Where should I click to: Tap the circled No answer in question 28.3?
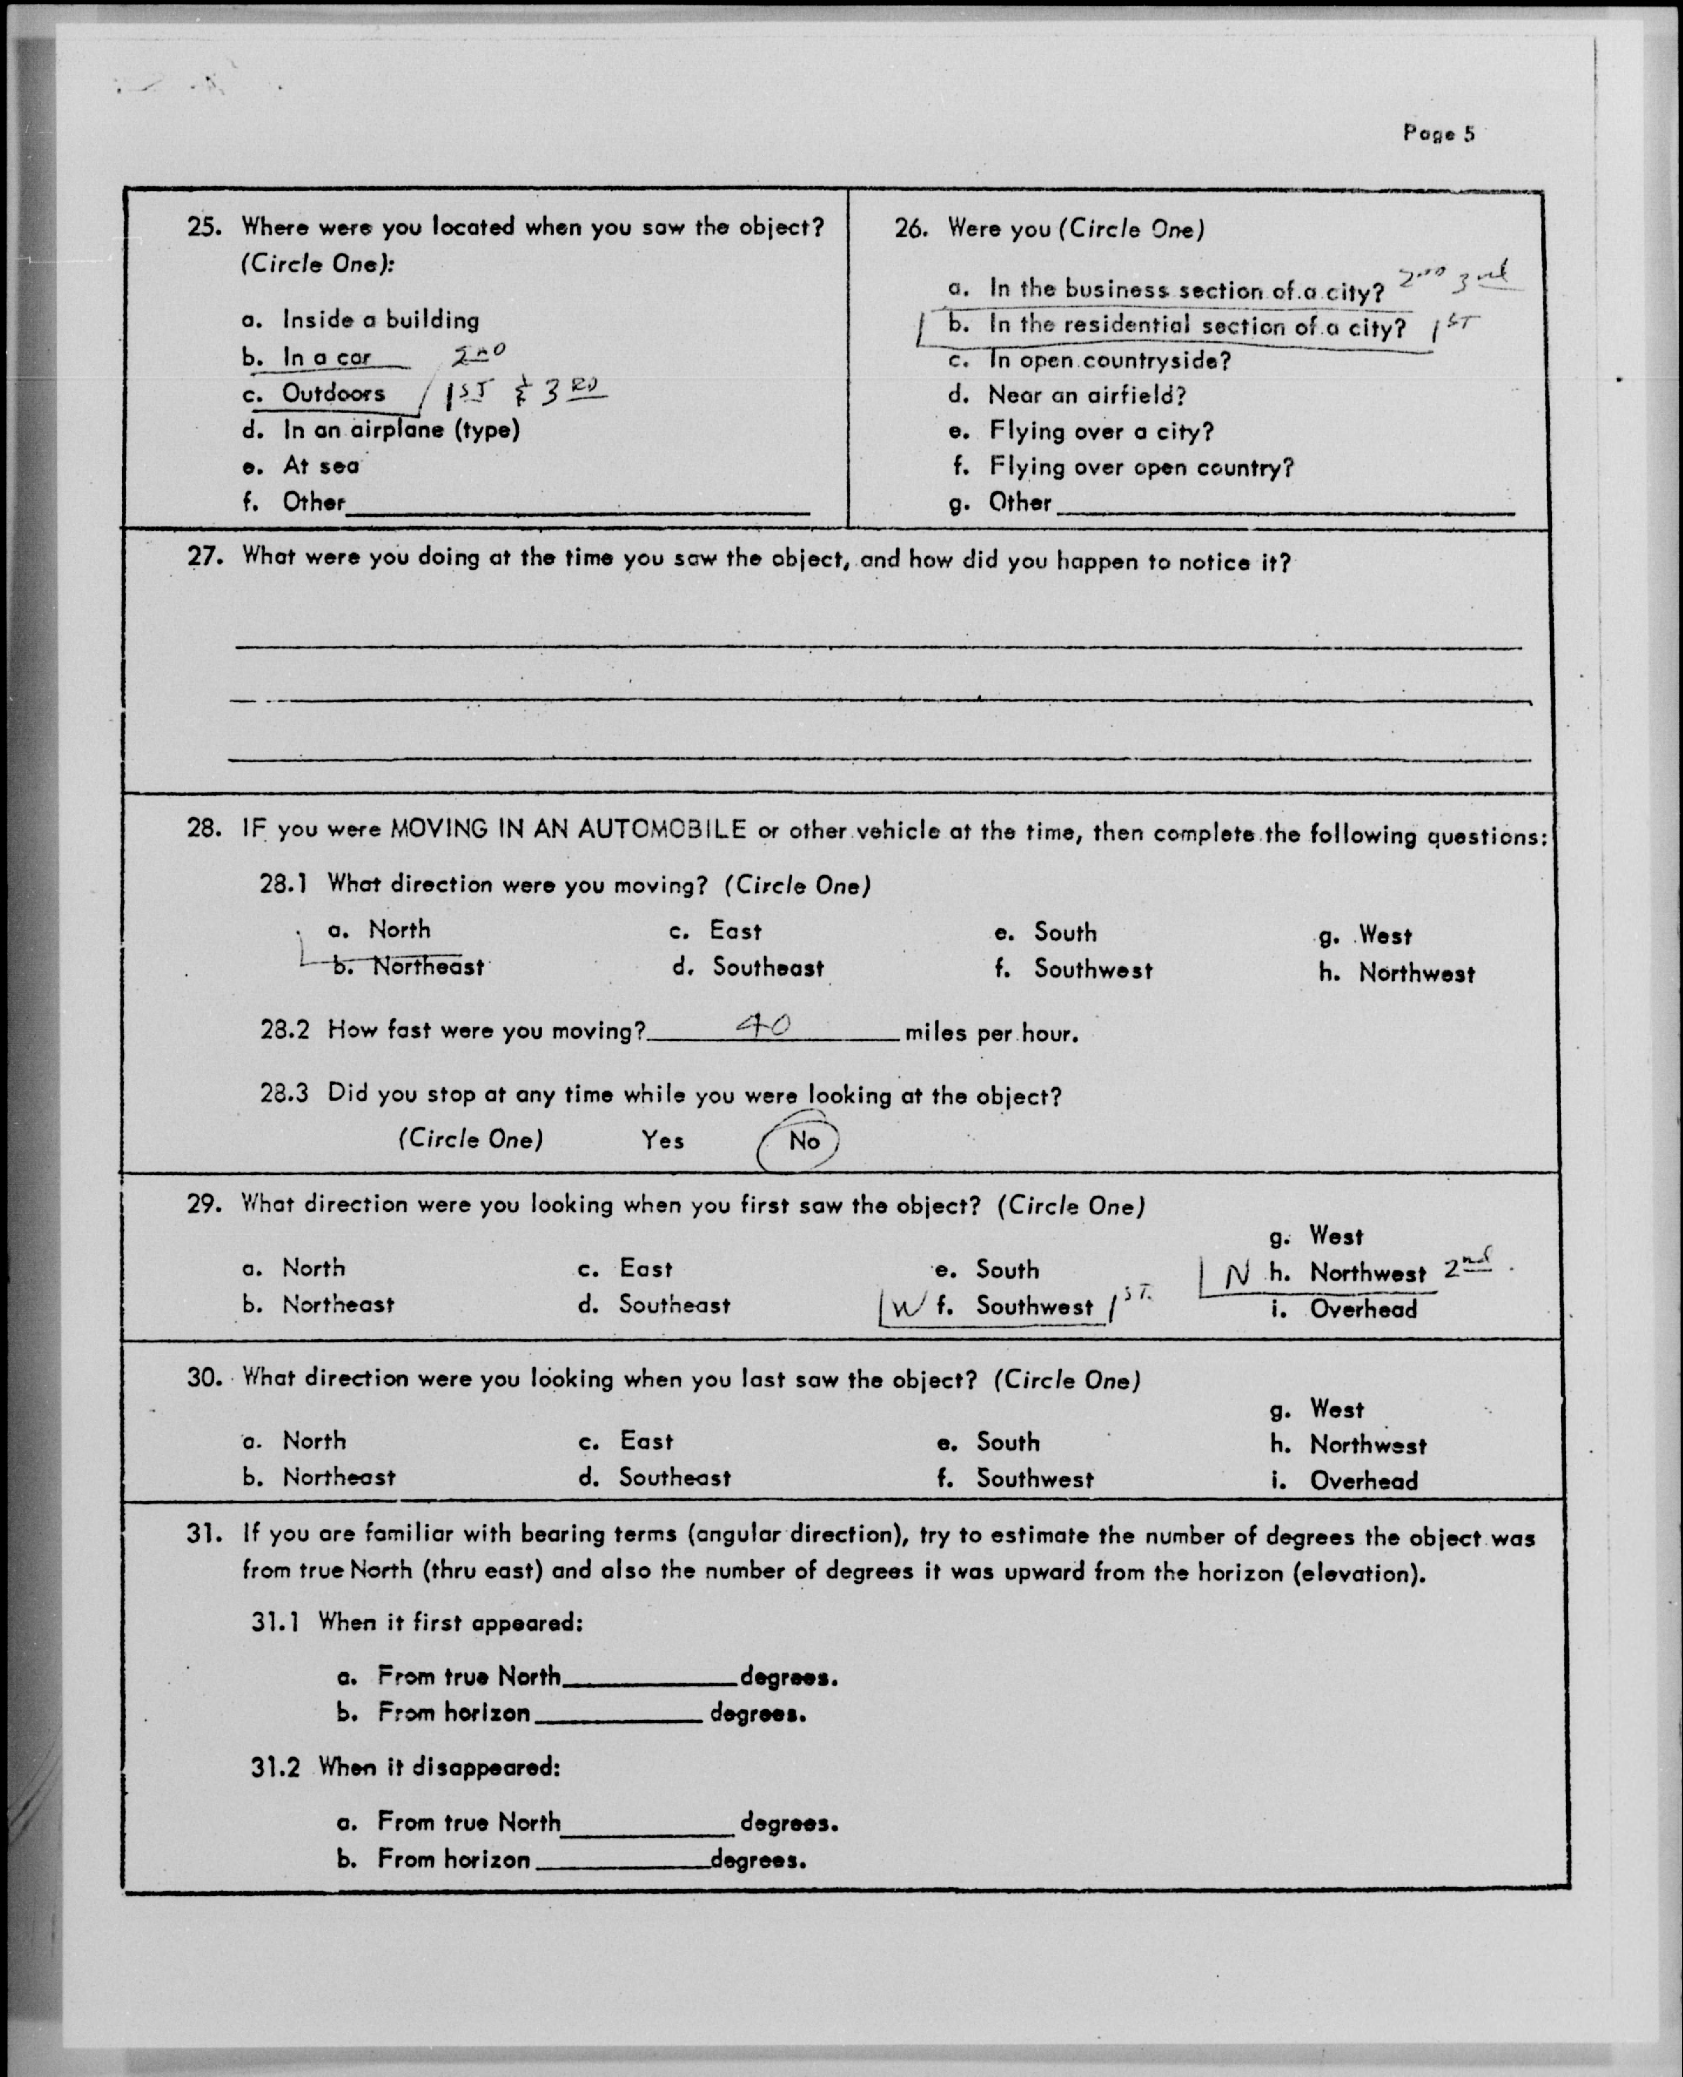point(804,1141)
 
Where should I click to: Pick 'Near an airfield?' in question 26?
point(1086,396)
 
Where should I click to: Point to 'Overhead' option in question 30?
point(1363,1480)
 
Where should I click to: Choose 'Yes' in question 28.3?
point(662,1140)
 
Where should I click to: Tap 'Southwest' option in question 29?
point(1034,1306)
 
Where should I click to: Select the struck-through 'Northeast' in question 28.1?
point(428,967)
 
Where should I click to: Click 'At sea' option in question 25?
point(320,467)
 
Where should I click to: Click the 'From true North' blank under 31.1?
point(649,1677)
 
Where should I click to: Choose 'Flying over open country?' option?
point(1141,467)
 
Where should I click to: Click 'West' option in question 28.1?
point(1384,936)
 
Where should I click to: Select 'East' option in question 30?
point(646,1442)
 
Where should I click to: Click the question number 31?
point(203,1535)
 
